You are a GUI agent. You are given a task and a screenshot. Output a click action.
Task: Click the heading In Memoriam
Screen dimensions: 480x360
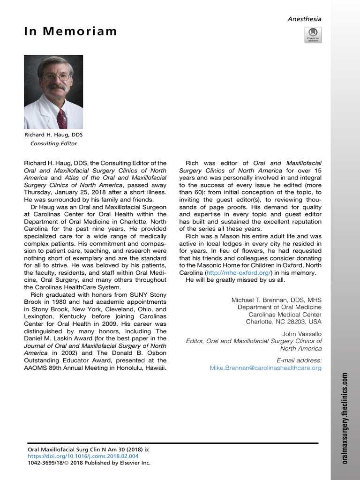(x=70, y=32)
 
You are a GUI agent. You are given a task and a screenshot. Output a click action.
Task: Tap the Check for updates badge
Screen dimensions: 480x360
(x=313, y=35)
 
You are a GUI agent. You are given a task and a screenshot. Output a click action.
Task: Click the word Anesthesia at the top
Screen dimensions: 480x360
(x=304, y=19)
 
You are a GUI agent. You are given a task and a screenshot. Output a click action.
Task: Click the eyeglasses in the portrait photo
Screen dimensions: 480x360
(x=56, y=76)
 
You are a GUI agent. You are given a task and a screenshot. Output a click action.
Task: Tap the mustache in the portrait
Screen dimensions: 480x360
(x=57, y=87)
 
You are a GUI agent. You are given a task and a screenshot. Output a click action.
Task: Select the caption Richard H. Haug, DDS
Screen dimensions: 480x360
(x=53, y=135)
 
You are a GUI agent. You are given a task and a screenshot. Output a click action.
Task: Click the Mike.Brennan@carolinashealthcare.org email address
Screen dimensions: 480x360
(x=265, y=368)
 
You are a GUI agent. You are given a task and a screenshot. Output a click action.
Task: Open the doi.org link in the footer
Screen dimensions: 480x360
(x=83, y=456)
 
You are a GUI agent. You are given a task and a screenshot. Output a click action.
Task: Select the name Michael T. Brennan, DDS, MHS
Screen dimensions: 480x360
(x=277, y=300)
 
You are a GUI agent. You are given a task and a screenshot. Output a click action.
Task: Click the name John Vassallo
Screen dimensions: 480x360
(x=302, y=334)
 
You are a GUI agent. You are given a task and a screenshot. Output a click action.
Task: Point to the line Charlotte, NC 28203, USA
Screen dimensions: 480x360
(x=284, y=322)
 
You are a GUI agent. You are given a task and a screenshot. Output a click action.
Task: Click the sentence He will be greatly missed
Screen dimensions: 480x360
(x=234, y=280)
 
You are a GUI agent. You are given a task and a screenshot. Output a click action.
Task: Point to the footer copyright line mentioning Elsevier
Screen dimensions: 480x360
(x=89, y=463)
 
